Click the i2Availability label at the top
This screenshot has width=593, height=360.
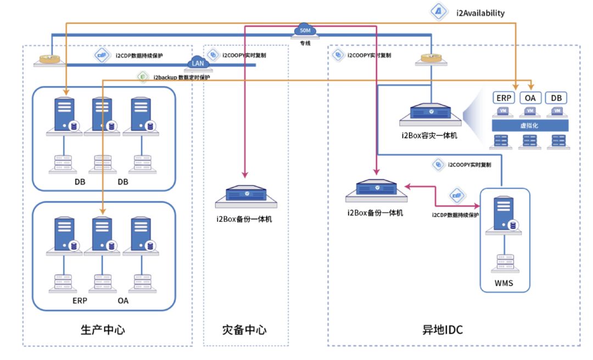coord(480,13)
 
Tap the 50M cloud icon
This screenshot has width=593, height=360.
coord(305,31)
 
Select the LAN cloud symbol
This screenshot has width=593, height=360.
coord(198,63)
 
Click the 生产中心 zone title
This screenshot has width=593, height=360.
coord(103,330)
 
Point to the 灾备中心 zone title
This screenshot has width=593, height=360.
coord(244,330)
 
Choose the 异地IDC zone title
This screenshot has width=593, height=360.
coord(442,330)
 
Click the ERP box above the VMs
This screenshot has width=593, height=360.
coord(504,98)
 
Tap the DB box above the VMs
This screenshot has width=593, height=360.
coord(557,98)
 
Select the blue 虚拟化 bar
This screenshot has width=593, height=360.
coord(529,126)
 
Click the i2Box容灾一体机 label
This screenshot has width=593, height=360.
coord(429,134)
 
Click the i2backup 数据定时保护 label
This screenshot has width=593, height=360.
coord(181,77)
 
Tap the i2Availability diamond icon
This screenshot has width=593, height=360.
coord(439,12)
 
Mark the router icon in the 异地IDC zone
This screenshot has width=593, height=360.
coord(431,58)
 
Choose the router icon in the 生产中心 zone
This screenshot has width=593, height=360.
coord(49,58)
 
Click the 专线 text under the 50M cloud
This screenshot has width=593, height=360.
coord(305,42)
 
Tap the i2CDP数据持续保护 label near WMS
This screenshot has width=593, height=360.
coord(455,215)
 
